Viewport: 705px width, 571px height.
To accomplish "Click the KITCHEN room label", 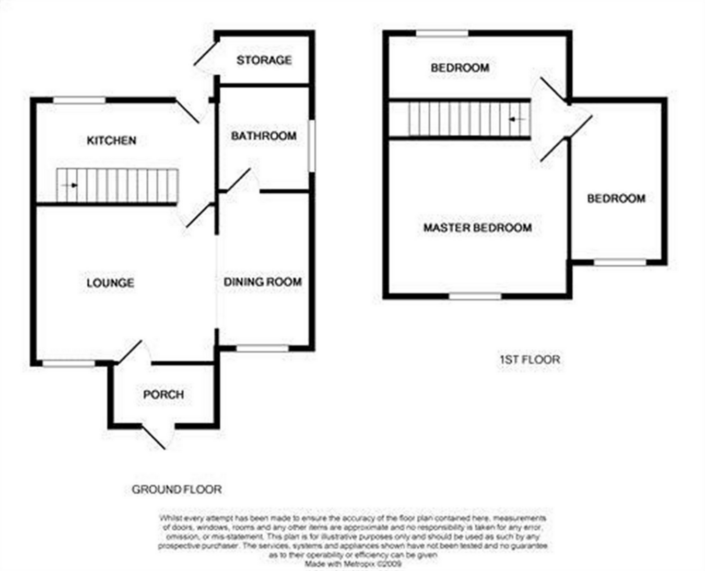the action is (x=111, y=140).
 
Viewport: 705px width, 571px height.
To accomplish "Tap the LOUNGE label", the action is (x=110, y=283).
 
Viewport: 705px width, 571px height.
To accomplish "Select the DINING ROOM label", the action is (x=263, y=282).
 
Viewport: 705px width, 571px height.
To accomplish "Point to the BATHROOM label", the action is (x=264, y=136).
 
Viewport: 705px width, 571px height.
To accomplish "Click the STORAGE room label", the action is (x=264, y=60).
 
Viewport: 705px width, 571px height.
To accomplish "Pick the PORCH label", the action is (x=163, y=394).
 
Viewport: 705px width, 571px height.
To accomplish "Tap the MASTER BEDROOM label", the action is (x=477, y=228).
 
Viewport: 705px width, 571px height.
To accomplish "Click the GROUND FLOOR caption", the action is (x=177, y=490).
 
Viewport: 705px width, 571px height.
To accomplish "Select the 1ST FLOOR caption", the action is (x=530, y=359).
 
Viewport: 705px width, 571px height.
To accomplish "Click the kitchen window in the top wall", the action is (x=79, y=100).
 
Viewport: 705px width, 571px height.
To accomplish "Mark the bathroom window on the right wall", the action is (x=312, y=146).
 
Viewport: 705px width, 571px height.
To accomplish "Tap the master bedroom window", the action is (x=475, y=296).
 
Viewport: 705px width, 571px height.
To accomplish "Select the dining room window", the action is (x=262, y=348).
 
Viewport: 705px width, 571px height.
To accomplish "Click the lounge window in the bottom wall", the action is (x=68, y=363).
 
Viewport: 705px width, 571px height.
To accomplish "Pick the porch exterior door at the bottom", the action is (x=155, y=437).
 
